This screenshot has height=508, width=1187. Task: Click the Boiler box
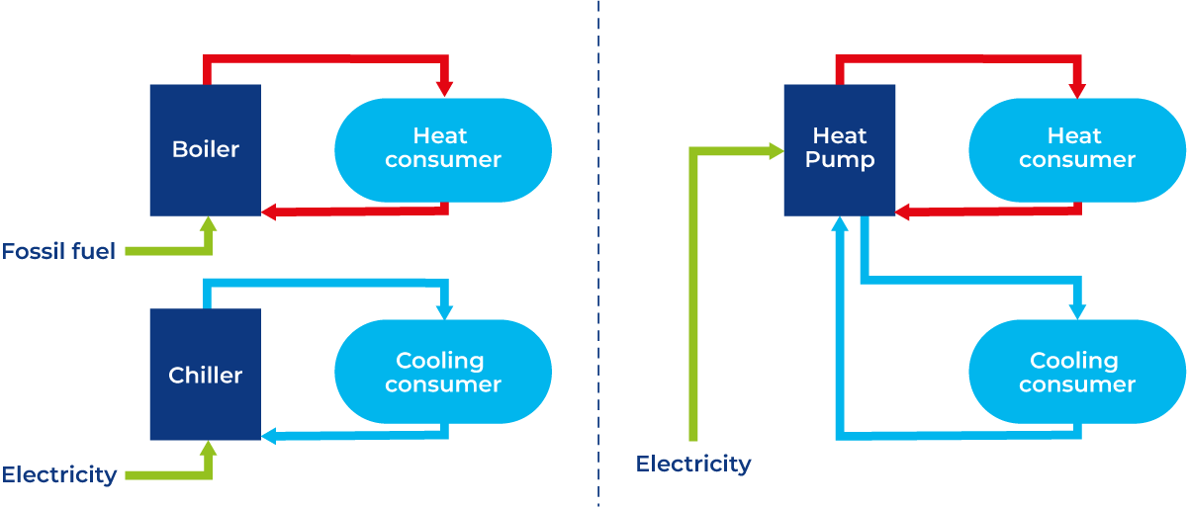205,150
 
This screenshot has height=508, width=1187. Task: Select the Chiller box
205,375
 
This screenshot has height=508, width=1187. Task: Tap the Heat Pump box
839,149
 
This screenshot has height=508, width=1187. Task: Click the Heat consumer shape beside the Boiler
442,149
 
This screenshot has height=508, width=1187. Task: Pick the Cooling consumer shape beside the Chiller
442,373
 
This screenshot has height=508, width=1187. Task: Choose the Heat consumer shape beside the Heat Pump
1076,149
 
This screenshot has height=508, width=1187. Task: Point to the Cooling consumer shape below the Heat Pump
1076,373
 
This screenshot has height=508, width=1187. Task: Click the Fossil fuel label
58,251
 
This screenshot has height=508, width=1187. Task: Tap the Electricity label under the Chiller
59,474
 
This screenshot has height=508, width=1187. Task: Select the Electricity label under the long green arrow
693,464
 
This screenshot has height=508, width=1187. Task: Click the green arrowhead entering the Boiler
208,224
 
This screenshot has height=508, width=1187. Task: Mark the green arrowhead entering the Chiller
208,449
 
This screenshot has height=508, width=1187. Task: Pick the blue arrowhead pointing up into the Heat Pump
840,225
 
